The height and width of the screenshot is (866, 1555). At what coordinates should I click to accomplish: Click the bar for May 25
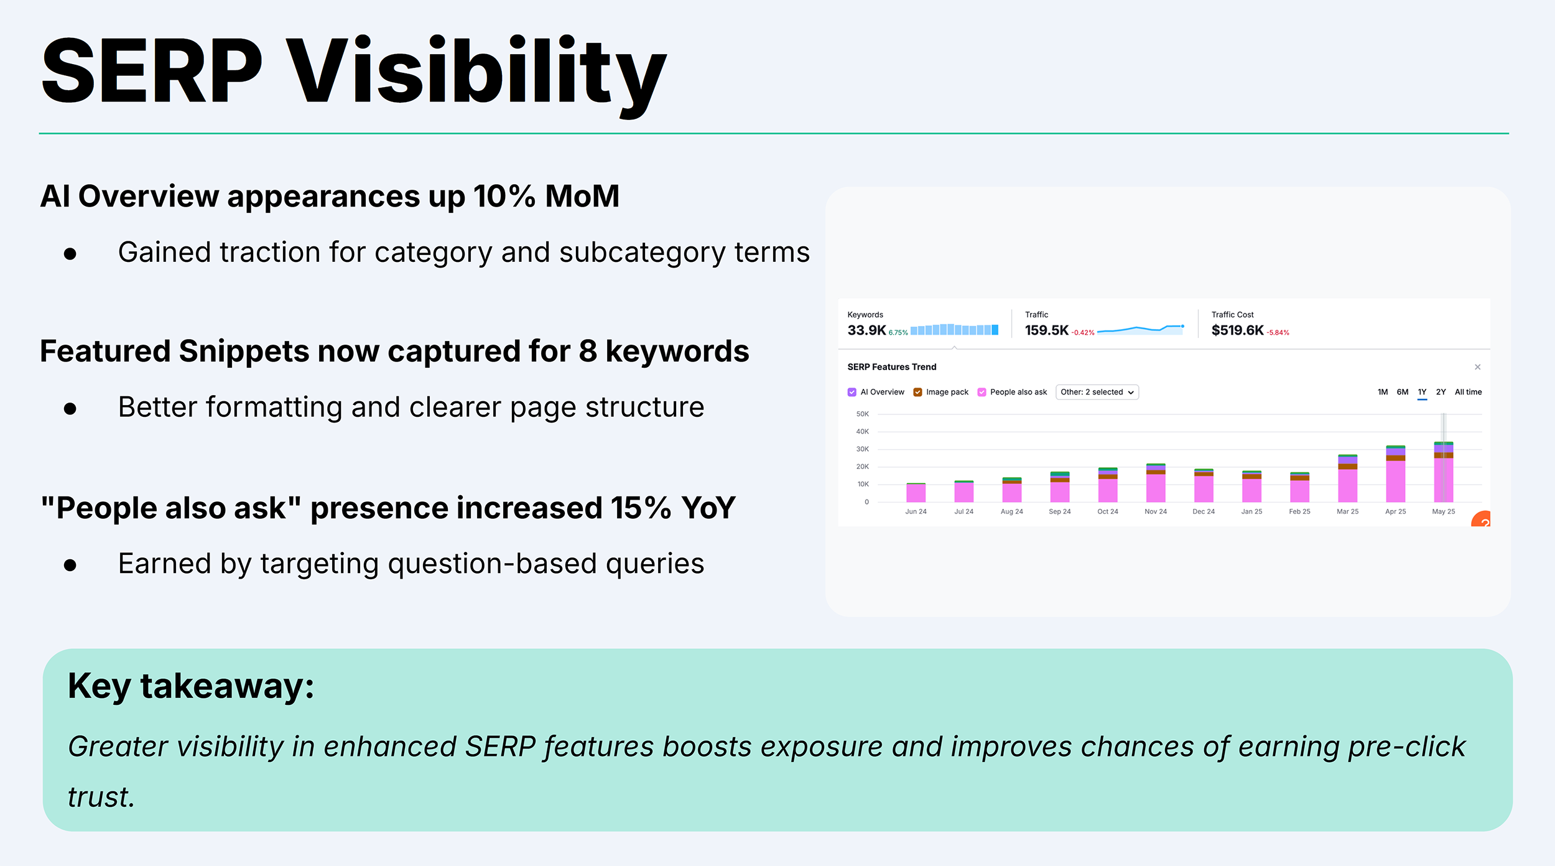tap(1443, 473)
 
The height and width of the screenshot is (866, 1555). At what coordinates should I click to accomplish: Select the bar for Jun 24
tap(916, 493)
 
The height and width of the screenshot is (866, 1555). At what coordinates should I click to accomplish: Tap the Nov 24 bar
tap(1156, 483)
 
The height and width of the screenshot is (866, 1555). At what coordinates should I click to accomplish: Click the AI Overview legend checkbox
tap(852, 392)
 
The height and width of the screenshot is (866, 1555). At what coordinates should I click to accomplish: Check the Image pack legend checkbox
tap(917, 392)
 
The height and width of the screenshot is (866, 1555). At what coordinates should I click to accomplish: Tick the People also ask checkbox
tap(982, 392)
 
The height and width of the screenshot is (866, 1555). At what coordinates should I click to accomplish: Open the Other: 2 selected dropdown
tap(1097, 392)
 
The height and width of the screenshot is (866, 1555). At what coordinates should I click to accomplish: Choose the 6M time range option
tap(1402, 392)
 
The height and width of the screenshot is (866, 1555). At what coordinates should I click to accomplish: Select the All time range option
tap(1468, 392)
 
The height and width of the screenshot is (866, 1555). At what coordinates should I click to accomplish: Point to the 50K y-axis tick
tap(862, 414)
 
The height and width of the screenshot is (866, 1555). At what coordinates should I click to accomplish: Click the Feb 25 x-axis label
tap(1299, 511)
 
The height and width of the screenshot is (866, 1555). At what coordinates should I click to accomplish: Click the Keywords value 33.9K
tap(866, 330)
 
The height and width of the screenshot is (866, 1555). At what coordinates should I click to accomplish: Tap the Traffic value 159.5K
tap(1046, 330)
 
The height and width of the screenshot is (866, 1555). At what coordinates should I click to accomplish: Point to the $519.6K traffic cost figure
tap(1237, 330)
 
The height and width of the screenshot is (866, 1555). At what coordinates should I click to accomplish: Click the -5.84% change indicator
tap(1278, 333)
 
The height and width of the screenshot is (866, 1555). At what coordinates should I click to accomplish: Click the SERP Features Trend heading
tap(891, 367)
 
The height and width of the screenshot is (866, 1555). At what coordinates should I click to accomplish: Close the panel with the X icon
tap(1477, 367)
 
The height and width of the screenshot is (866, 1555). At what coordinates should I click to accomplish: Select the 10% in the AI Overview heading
tap(504, 197)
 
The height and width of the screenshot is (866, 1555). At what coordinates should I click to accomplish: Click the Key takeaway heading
tap(191, 686)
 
